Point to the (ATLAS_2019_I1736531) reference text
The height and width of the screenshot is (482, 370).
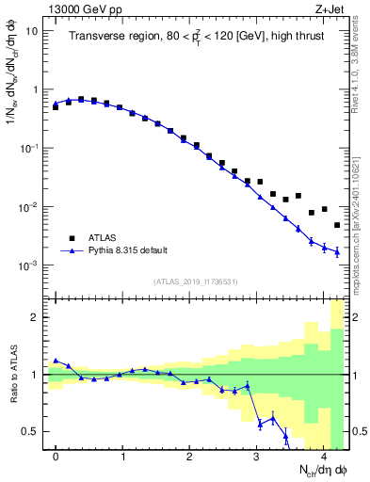click(196, 281)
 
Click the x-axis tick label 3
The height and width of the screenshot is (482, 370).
click(257, 455)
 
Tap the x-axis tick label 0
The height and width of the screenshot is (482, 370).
click(56, 455)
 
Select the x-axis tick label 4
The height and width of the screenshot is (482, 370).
click(324, 455)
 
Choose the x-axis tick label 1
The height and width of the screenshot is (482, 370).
click(122, 455)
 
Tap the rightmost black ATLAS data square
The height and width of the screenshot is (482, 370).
click(337, 225)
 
